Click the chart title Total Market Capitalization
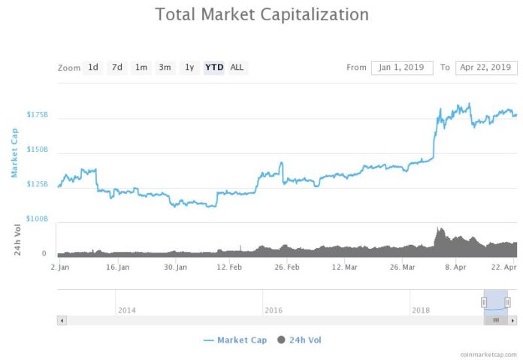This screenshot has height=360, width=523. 261,14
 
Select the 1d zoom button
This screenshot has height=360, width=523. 93,68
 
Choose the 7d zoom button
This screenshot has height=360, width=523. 116,68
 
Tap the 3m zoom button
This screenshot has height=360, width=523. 165,68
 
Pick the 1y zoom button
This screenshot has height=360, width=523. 189,68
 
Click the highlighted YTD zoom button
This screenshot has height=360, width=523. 214,68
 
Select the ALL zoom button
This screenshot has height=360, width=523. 237,68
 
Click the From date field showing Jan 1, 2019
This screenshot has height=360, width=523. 402,68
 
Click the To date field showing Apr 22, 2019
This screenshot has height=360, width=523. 486,68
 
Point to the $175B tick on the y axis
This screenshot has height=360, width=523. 37,115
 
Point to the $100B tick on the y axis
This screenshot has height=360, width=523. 37,219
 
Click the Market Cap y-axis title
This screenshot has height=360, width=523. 14,153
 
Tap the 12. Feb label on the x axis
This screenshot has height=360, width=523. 229,267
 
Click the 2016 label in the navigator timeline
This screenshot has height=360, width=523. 274,310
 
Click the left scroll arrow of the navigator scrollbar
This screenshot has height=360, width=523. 62,320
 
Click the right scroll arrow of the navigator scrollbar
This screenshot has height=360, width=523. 512,320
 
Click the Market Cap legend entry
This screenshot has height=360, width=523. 234,340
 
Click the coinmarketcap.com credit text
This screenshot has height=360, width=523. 489,353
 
